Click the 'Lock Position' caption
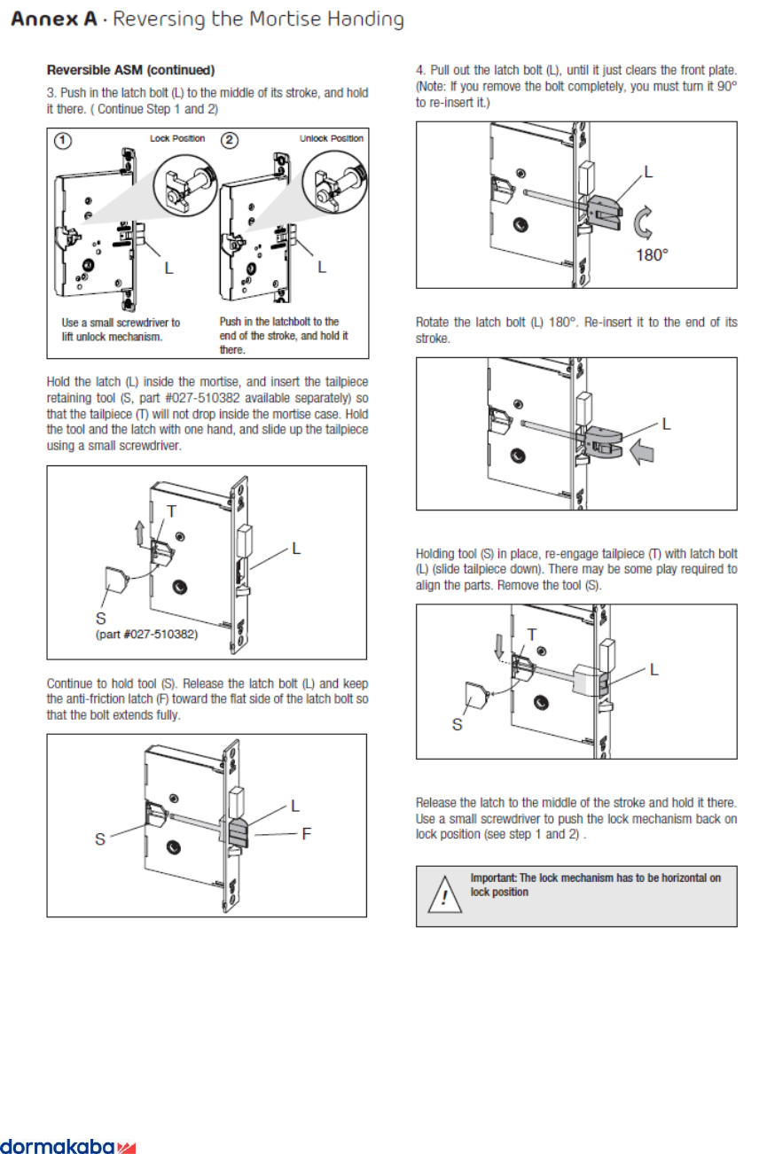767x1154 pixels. click(177, 138)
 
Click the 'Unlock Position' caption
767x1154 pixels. click(332, 138)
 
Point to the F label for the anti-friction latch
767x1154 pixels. click(306, 833)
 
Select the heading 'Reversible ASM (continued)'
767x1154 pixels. click(130, 69)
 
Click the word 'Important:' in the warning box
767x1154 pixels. click(493, 877)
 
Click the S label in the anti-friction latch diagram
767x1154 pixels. click(100, 838)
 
